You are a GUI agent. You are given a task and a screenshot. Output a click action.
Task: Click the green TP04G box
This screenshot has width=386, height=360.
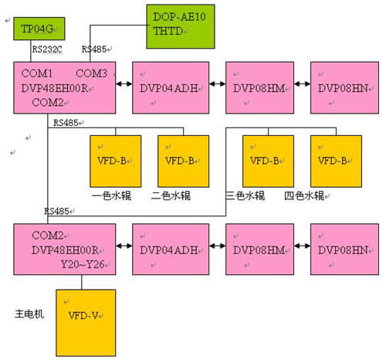point(39,29)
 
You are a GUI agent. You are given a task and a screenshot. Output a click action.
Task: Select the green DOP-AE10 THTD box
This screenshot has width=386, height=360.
point(181,26)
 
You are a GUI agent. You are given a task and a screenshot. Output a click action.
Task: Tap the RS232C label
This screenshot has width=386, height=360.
point(47,49)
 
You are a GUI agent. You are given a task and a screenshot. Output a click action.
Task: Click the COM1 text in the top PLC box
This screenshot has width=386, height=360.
point(37,73)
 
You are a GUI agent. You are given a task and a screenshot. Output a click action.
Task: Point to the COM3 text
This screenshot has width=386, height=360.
point(91,73)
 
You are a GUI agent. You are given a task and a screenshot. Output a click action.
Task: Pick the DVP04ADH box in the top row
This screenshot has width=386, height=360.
point(171,87)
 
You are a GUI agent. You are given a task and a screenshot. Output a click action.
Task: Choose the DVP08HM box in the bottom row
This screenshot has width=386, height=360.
point(259,250)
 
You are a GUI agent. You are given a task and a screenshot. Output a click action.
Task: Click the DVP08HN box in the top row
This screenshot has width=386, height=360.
point(344,87)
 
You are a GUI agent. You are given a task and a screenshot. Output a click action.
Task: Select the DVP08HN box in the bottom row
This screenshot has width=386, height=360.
point(344,250)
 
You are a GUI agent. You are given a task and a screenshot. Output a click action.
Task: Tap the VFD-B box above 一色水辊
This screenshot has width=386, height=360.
point(116,161)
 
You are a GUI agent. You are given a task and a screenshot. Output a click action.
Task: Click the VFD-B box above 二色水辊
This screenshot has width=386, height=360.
point(184,161)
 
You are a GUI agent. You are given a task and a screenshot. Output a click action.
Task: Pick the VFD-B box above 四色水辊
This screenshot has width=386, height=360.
point(336,161)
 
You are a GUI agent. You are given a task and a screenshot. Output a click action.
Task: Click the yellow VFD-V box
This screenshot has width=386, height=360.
point(86,323)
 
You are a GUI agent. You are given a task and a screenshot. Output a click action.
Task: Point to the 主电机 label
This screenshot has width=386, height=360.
point(29,314)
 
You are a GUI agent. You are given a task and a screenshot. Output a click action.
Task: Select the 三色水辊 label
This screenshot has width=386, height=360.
point(245,195)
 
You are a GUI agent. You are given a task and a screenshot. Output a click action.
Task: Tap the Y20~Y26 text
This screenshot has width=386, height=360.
point(83,264)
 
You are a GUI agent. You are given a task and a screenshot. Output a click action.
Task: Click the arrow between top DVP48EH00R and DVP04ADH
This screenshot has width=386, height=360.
point(124,84)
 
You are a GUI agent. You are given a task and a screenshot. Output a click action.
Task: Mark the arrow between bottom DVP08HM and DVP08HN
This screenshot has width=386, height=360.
point(302,246)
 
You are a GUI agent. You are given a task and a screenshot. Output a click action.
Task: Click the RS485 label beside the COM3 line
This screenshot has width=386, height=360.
point(94,49)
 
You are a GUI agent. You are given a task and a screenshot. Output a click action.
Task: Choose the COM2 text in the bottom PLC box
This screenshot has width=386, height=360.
point(48,236)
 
